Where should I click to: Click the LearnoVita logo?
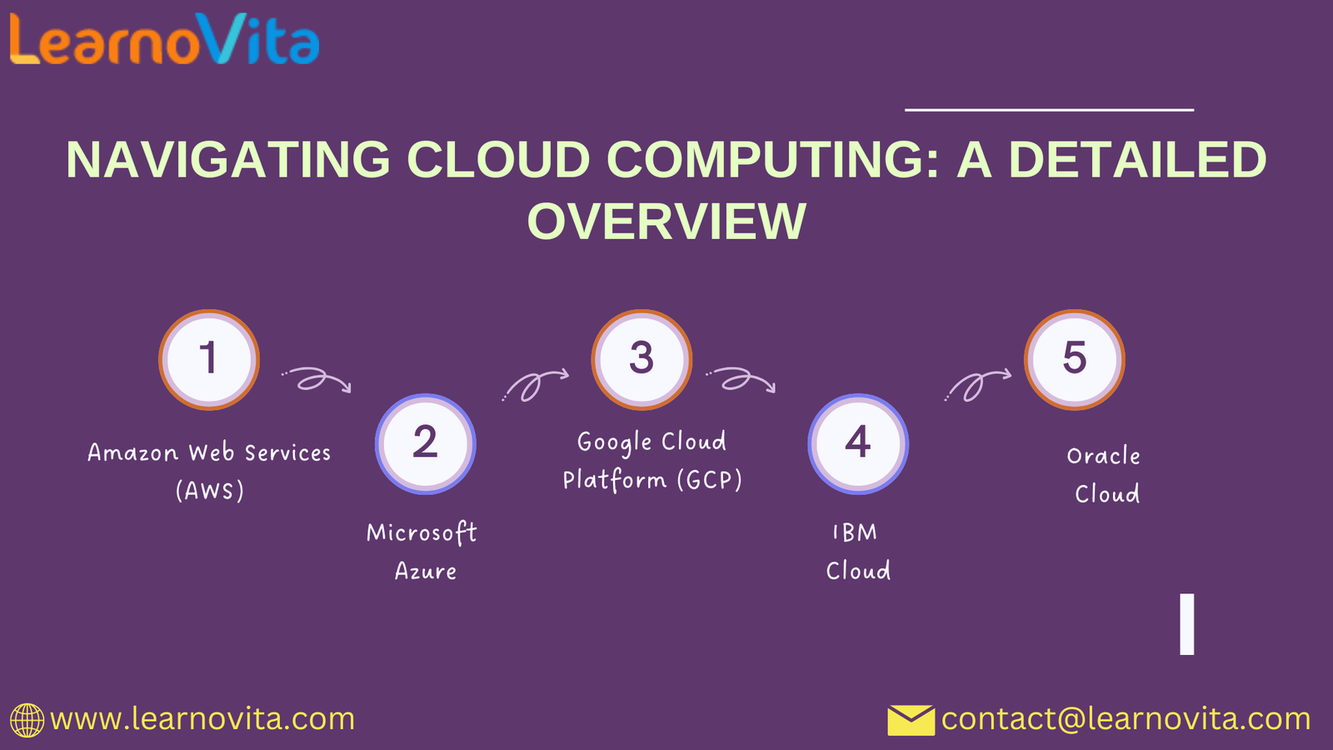click(x=165, y=39)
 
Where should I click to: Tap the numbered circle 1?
click(x=209, y=359)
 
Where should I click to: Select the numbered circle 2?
click(x=426, y=444)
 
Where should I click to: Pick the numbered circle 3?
click(x=642, y=359)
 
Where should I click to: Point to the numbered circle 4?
click(x=858, y=444)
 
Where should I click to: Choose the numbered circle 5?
click(x=1075, y=359)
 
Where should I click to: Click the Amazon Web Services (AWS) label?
click(x=209, y=472)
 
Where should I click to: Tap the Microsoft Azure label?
click(x=422, y=551)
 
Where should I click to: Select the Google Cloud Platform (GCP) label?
click(x=652, y=461)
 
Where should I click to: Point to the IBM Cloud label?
click(x=857, y=551)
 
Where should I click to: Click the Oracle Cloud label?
click(x=1104, y=474)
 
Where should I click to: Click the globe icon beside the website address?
click(x=27, y=720)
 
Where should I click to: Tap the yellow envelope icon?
click(x=911, y=720)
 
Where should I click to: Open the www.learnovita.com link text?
click(x=202, y=719)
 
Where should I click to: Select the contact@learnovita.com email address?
click(x=1126, y=719)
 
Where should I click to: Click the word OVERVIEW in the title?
click(x=666, y=222)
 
